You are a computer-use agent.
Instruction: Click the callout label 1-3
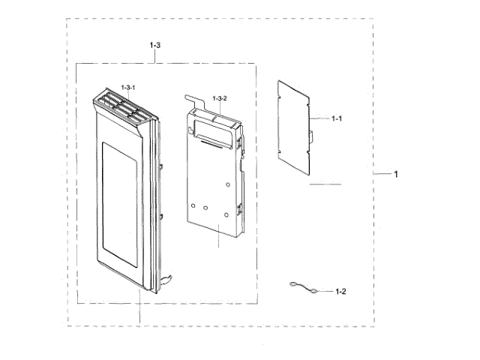pos(155,46)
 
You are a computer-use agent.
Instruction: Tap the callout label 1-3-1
pos(128,88)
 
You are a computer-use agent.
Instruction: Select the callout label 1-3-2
pos(220,99)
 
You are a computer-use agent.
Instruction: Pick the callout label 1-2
pos(340,291)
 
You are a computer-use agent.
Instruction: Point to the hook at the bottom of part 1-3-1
pos(169,280)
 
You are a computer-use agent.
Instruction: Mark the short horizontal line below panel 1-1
pos(325,184)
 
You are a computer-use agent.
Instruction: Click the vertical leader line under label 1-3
pos(155,57)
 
